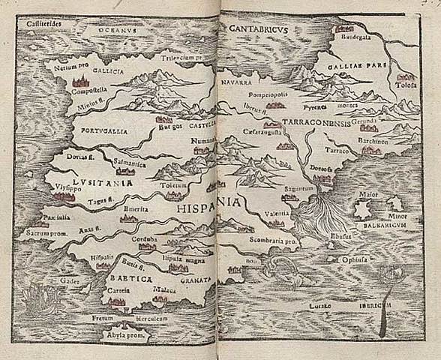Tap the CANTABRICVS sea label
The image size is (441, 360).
[260, 29]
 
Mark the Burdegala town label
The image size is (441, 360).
[357, 37]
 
